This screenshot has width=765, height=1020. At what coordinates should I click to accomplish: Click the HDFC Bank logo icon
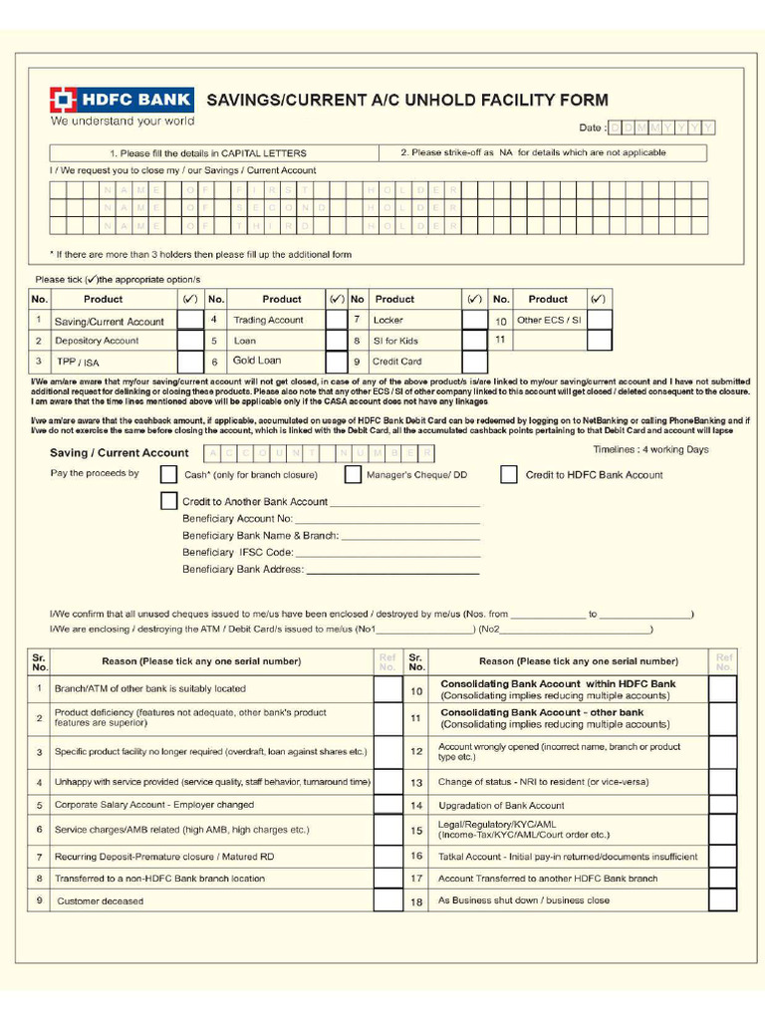(63, 100)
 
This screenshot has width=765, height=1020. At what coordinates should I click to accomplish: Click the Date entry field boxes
(661, 127)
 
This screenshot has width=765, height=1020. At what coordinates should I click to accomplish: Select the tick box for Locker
(475, 320)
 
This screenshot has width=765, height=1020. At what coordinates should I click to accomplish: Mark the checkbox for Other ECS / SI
(599, 320)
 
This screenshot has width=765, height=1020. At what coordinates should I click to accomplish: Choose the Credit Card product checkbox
(475, 361)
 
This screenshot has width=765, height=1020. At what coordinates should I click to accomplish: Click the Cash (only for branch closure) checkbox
(169, 474)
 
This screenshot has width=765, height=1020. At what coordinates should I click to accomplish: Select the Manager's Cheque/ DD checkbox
(353, 474)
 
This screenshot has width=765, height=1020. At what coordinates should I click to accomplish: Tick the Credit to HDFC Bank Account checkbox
(509, 474)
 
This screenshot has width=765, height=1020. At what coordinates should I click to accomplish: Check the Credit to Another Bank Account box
(169, 501)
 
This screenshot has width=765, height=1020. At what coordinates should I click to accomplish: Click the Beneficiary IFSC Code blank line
(388, 553)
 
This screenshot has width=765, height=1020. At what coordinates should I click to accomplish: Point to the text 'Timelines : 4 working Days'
(650, 450)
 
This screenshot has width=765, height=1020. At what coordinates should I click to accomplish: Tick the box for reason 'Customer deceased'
(387, 900)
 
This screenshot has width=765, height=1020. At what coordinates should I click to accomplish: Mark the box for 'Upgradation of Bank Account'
(723, 805)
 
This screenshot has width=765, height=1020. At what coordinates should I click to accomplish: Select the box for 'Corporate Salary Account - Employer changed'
(387, 805)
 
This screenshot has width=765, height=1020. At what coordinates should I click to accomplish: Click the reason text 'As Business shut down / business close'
(524, 900)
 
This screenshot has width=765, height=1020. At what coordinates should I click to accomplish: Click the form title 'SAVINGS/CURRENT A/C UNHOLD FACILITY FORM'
(406, 100)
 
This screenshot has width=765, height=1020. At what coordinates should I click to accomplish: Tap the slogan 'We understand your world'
(123, 122)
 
